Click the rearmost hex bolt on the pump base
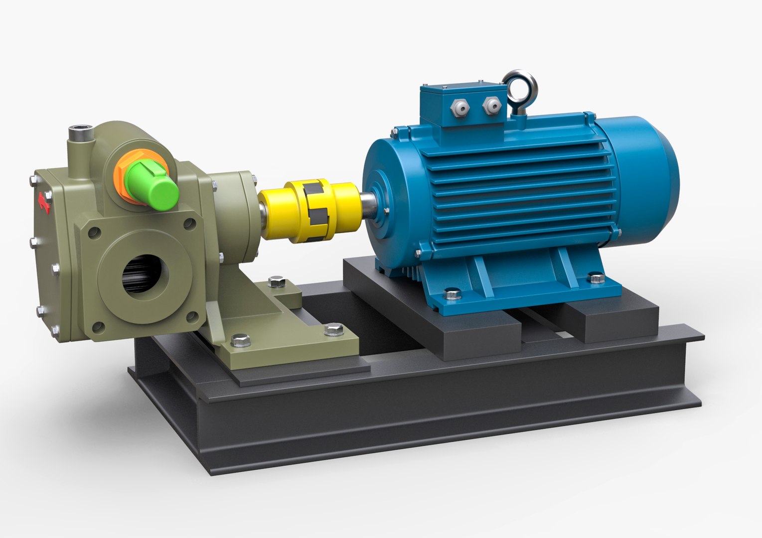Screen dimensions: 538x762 pos(275,282)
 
